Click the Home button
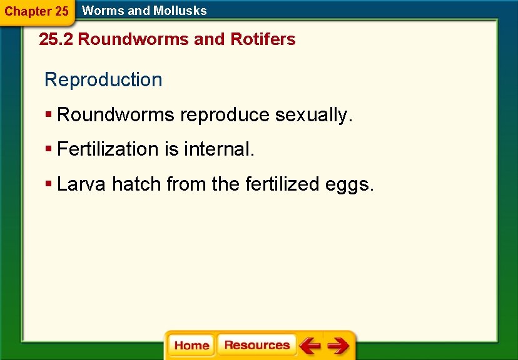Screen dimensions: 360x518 [x=191, y=346]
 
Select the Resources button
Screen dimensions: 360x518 [x=256, y=345]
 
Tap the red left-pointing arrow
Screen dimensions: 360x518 [x=309, y=345]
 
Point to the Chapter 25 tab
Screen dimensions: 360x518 [x=36, y=11]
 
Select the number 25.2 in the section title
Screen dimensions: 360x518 [x=56, y=39]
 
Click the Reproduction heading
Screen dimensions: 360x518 [x=103, y=80]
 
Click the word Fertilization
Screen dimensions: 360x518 [x=108, y=149]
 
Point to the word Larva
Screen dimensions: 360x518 [x=82, y=184]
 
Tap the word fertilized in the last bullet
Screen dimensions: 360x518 [x=283, y=184]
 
